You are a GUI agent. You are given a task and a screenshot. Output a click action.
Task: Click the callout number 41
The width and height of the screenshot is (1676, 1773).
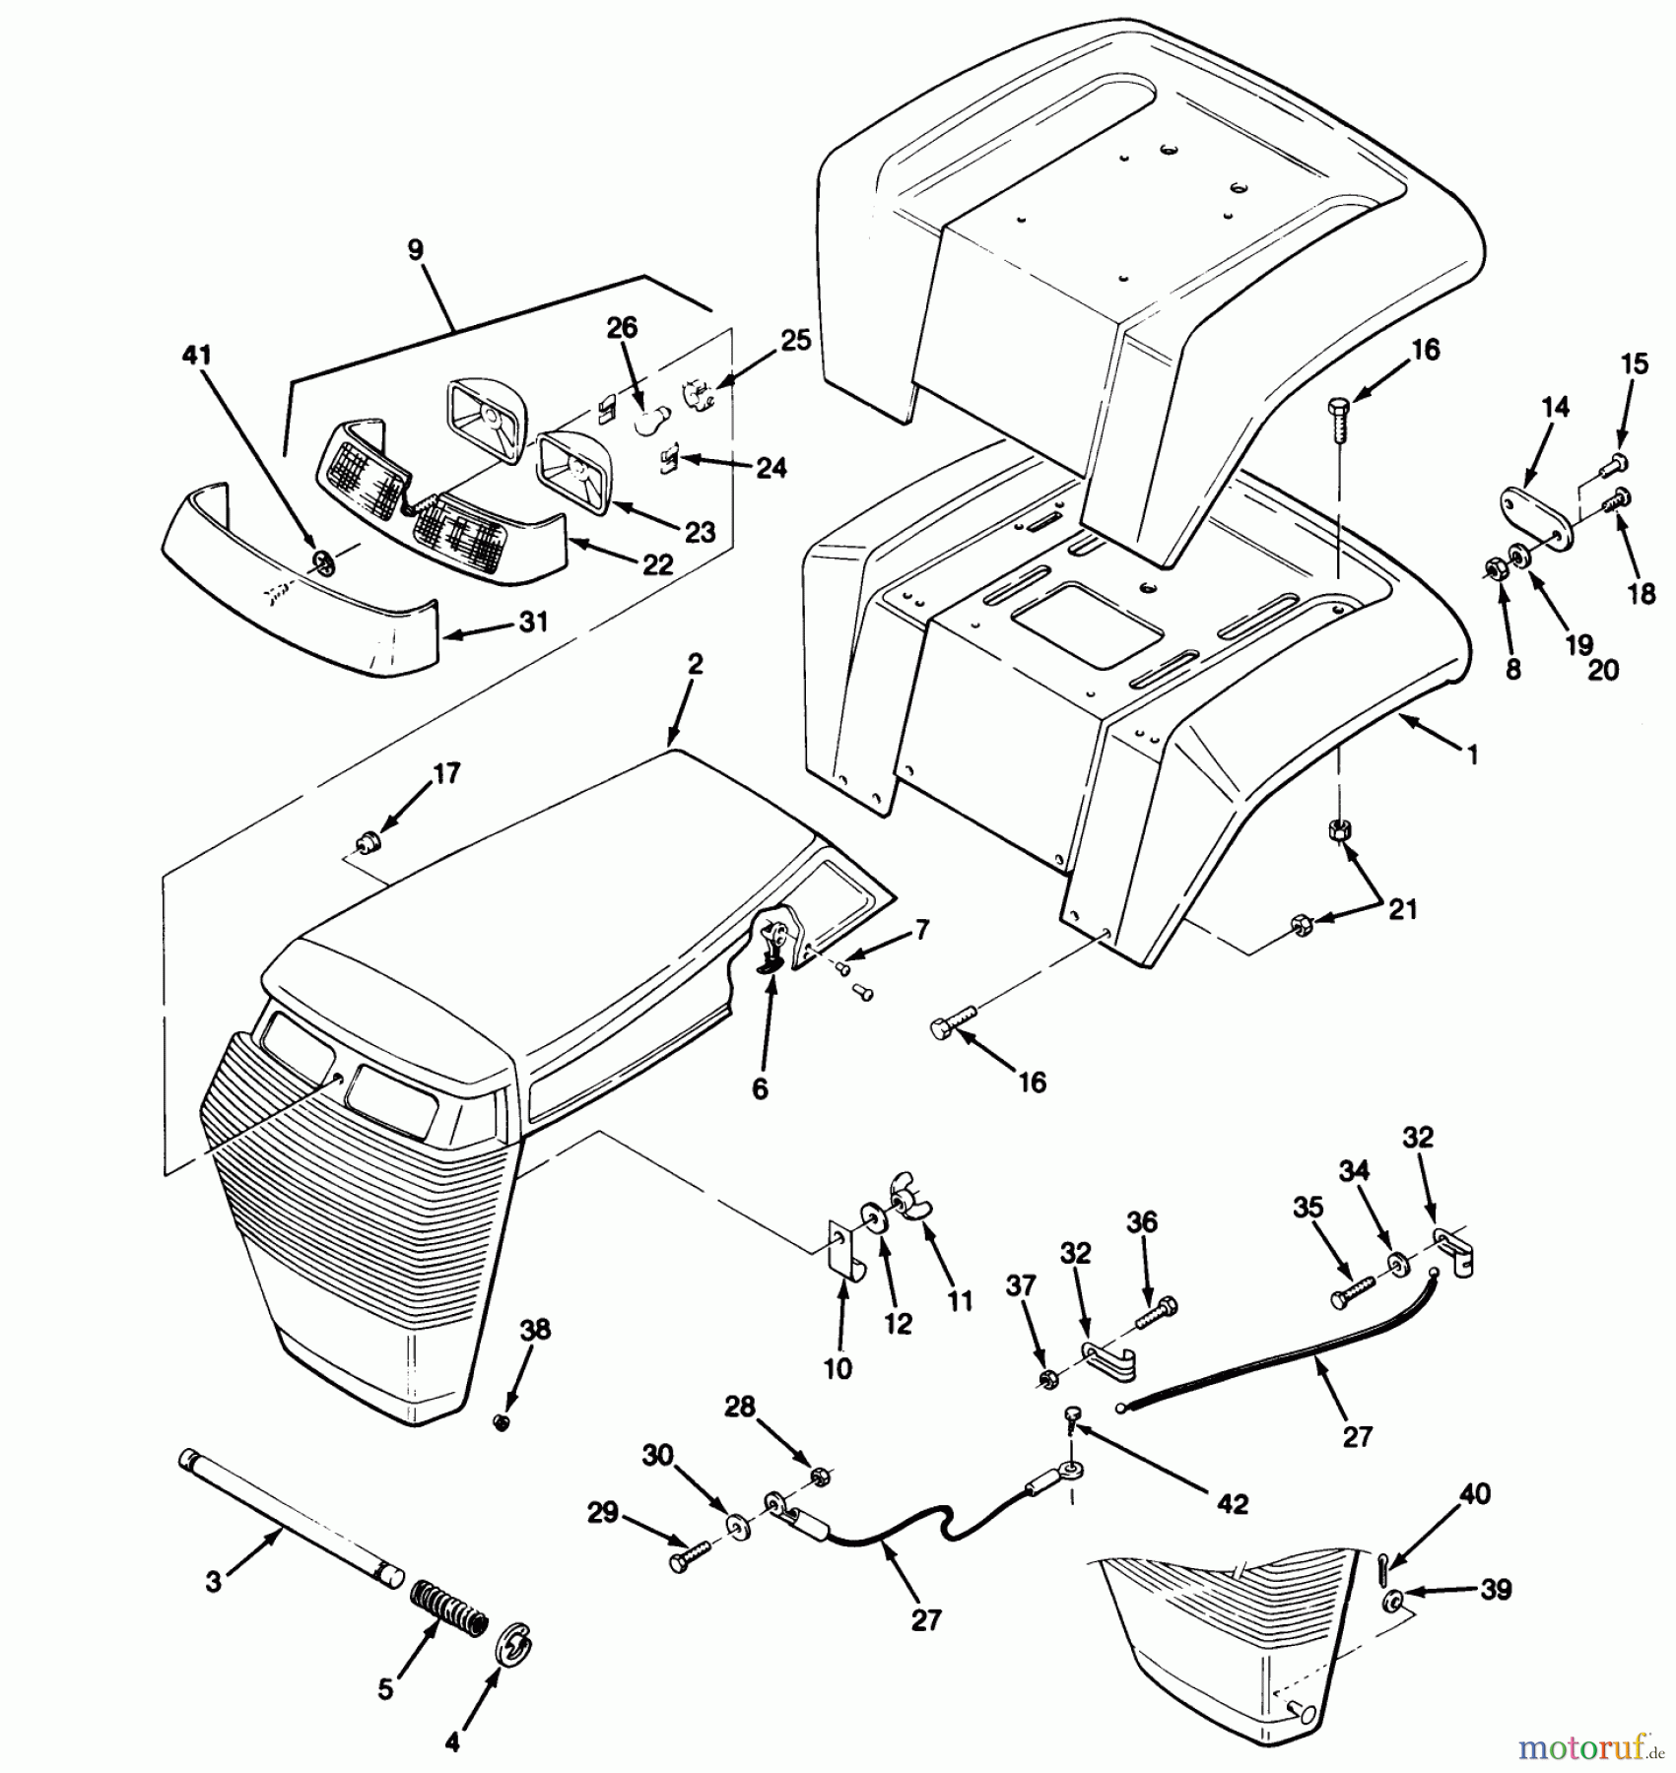pyautogui.click(x=197, y=355)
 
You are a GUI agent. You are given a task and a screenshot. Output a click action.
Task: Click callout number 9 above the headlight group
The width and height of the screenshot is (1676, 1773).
pyautogui.click(x=415, y=250)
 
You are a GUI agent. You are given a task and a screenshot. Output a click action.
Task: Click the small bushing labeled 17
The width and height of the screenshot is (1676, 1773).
pyautogui.click(x=369, y=842)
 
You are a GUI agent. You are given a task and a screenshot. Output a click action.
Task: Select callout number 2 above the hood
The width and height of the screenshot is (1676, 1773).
pyautogui.click(x=695, y=665)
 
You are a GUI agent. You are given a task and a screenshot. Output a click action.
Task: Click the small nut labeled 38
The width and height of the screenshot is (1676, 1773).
pyautogui.click(x=502, y=1421)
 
